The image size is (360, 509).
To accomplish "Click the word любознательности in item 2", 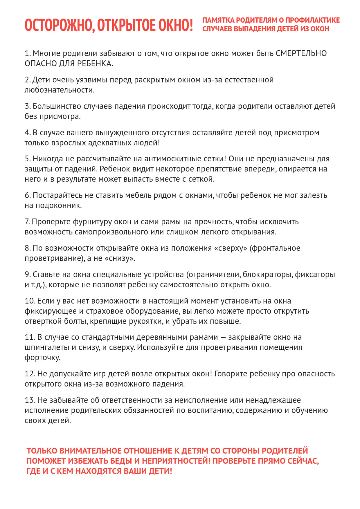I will pos(59,90).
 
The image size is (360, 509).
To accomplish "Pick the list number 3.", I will pos(27,106).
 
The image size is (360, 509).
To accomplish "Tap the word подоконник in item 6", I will pos(58,206).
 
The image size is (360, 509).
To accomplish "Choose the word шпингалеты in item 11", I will pos(47,347).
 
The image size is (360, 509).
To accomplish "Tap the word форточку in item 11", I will pos(42,358).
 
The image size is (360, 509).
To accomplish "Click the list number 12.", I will pos(30,374).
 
